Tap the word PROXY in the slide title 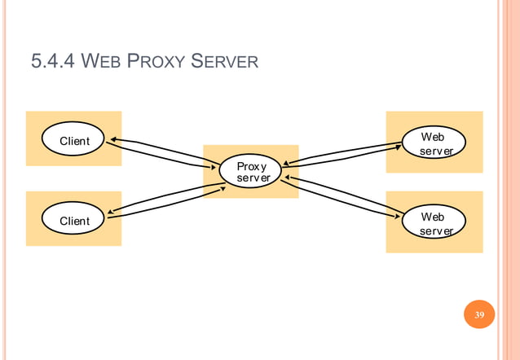162,61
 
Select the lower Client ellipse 74,221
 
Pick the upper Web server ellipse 434,142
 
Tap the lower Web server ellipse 434,223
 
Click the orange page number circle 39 479,315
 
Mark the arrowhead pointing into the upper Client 115,140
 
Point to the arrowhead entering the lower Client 111,212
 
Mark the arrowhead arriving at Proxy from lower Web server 285,176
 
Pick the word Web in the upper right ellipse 433,136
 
